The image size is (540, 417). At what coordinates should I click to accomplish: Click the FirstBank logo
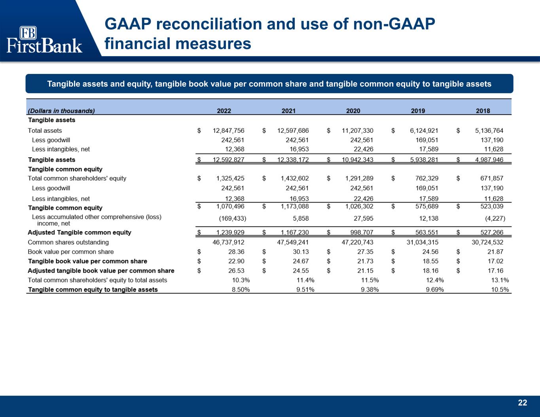click(44, 40)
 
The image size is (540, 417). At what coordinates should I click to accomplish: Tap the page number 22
click(523, 403)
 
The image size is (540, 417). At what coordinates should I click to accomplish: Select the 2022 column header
click(224, 111)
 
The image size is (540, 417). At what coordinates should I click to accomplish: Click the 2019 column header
click(418, 111)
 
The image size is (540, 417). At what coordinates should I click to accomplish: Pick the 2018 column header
click(483, 111)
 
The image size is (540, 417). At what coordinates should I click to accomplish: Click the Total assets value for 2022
click(228, 130)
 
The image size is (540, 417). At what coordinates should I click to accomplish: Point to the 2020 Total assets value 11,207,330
click(357, 130)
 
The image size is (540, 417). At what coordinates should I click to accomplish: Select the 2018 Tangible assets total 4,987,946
click(487, 160)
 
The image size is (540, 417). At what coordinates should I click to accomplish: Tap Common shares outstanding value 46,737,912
click(228, 242)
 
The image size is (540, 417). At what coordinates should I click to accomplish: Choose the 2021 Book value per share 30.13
click(300, 252)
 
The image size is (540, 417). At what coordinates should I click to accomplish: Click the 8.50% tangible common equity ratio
click(240, 290)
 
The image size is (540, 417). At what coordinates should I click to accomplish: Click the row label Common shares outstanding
click(68, 242)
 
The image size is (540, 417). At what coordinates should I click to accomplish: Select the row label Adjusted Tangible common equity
click(79, 232)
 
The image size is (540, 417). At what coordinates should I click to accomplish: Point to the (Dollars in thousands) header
click(61, 111)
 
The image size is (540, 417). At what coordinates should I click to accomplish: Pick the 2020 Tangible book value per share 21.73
click(365, 261)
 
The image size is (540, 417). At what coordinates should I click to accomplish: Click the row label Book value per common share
click(70, 252)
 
